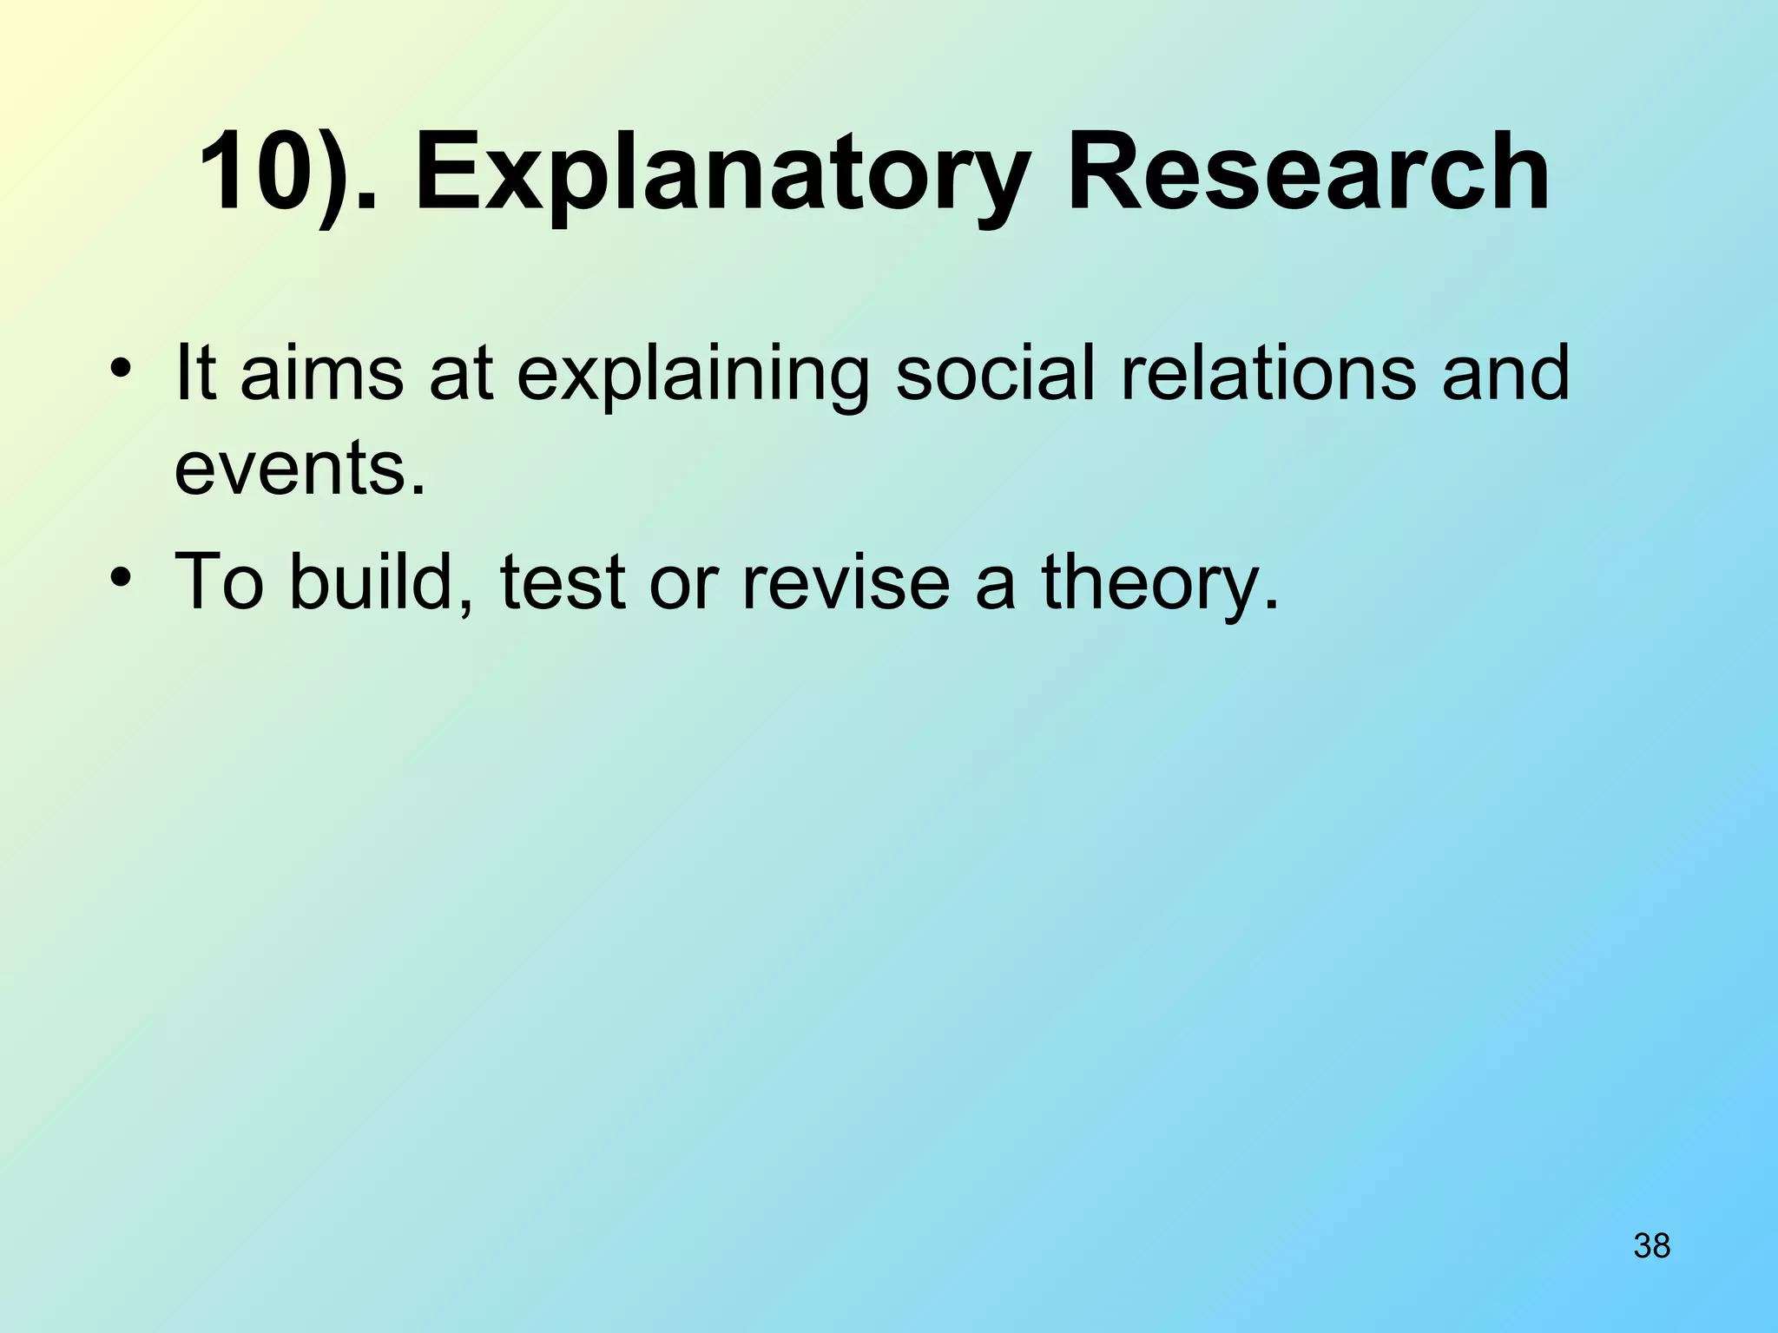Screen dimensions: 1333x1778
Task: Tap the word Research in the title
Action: pos(1307,172)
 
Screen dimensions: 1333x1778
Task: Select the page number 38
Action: pos(1651,1245)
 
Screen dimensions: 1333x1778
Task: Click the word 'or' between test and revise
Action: pos(682,581)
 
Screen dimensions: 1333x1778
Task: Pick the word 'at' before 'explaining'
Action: pos(461,375)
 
